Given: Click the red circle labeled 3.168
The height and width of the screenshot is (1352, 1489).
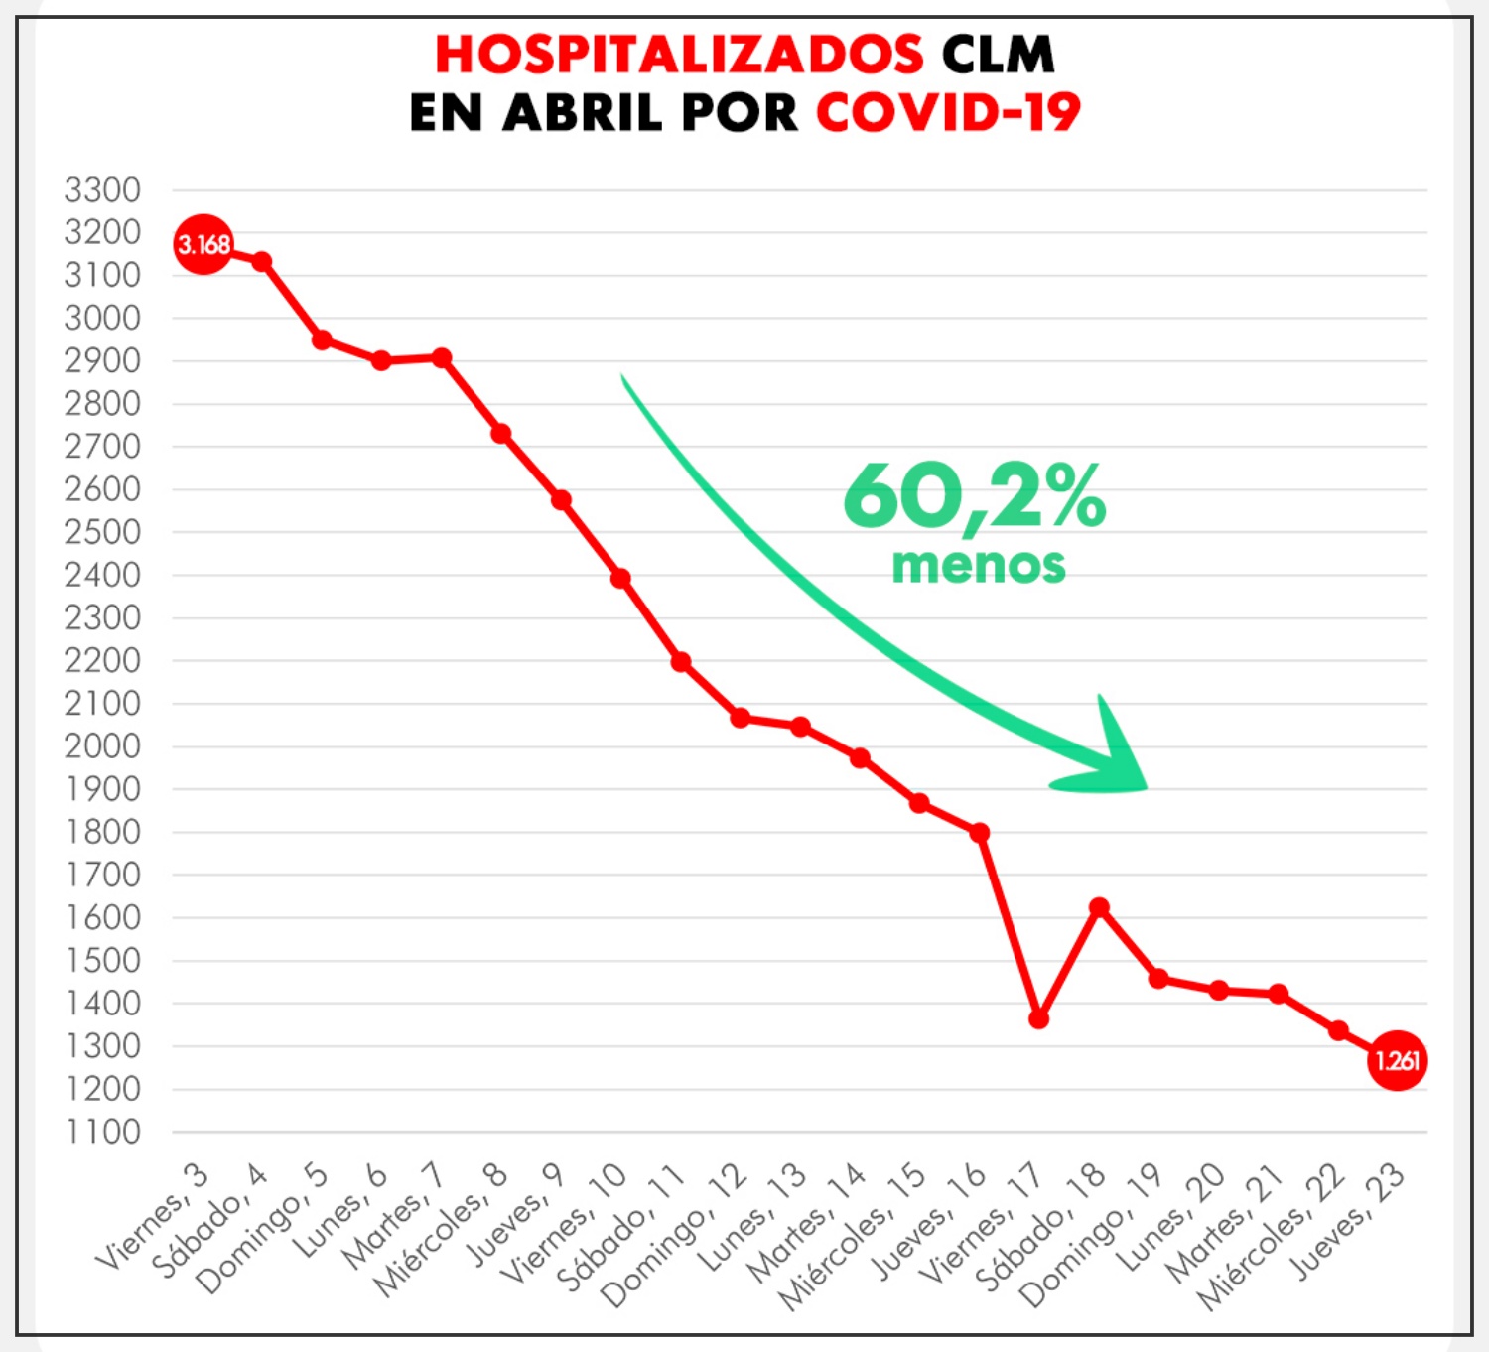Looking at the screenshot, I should point(203,244).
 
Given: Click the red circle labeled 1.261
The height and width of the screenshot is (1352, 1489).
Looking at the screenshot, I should point(1397,1061).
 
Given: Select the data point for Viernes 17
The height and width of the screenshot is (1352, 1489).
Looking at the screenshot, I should point(1038,1019).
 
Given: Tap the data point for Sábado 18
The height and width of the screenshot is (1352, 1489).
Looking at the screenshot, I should point(1099,907).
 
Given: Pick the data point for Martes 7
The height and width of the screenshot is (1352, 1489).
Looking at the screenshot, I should point(442,357).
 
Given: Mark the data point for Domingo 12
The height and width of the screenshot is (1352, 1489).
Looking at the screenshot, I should point(741,718).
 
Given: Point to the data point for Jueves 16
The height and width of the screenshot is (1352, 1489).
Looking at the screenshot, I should point(979,832).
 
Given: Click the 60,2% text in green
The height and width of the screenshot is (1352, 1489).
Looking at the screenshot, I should point(974,496).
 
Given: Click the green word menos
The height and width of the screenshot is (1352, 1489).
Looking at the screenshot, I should point(978,566).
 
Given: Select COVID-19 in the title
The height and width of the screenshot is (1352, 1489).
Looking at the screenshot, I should point(948,112).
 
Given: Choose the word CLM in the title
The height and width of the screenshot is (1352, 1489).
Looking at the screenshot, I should point(998,55).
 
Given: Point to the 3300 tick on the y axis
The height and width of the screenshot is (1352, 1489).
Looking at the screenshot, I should point(102,190).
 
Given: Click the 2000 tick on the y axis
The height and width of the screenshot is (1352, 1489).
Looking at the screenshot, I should point(102,746).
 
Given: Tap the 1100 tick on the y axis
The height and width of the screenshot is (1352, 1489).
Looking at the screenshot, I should point(102,1132).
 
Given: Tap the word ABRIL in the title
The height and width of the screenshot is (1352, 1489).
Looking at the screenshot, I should point(583,112).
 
